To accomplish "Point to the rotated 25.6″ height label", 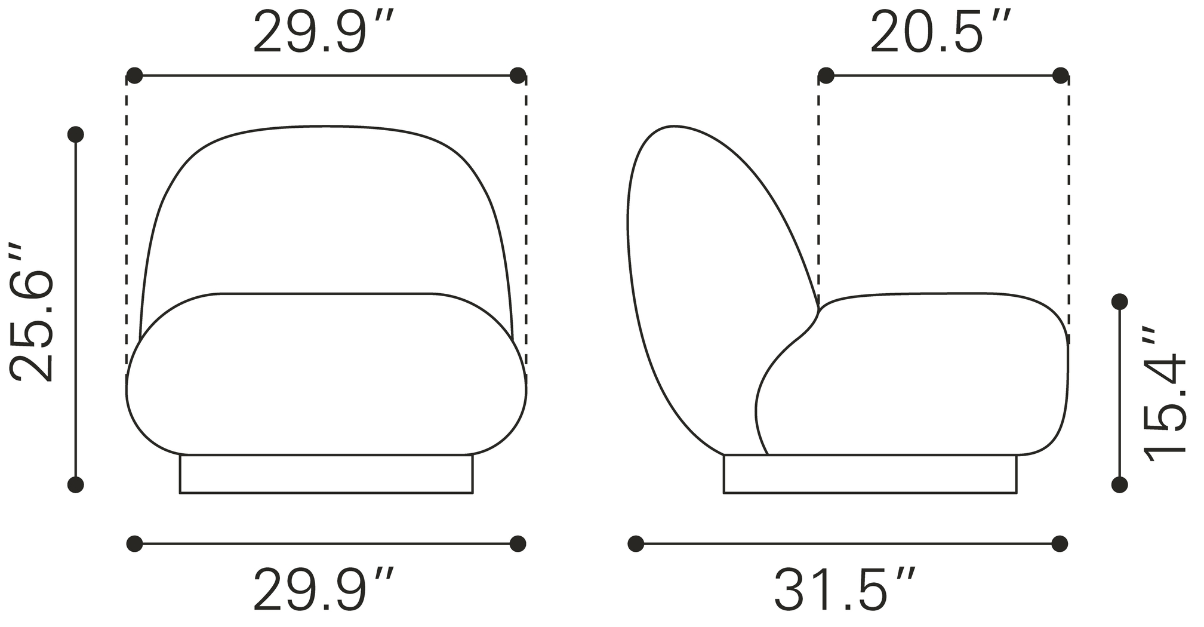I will (33, 312).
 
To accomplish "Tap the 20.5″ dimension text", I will (941, 33).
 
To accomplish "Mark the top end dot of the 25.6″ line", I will (76, 134).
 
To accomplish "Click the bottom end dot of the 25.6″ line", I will (76, 485).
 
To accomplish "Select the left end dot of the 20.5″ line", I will (826, 76).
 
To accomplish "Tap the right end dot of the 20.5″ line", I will (1061, 76).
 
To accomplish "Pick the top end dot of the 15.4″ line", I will (1120, 301).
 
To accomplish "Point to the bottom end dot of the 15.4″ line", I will (1120, 485).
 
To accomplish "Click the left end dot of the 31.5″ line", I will (636, 543).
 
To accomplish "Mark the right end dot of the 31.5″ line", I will (1060, 543).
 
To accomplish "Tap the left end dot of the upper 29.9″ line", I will (135, 76).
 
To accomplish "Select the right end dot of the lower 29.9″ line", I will (518, 543).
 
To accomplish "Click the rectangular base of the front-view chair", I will (326, 474).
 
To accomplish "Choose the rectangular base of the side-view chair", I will (870, 474).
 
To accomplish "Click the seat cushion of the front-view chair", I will (326, 373).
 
